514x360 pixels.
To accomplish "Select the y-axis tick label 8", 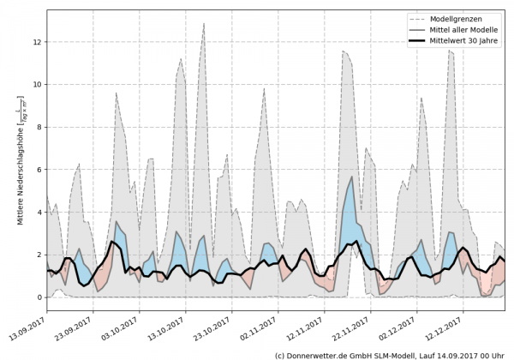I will (x=39, y=127).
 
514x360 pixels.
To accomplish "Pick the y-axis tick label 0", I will (x=39, y=297).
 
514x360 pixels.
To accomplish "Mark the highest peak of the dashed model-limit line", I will (x=204, y=23).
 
